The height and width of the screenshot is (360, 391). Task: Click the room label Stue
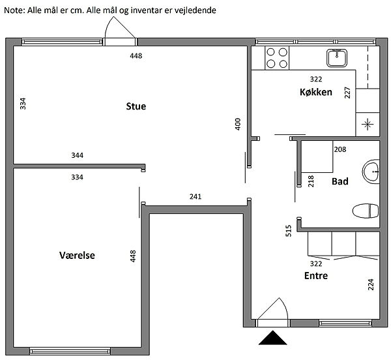136,106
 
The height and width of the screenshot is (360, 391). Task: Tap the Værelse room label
78,256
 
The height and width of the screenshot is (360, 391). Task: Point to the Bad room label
339,181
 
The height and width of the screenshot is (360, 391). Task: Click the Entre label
316,276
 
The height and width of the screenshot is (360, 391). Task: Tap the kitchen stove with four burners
277,59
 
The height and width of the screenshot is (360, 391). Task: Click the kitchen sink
337,58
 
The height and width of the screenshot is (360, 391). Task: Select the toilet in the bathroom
366,211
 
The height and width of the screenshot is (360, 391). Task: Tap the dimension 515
288,230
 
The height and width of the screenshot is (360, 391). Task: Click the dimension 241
195,196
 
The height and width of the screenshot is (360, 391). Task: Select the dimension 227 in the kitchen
347,93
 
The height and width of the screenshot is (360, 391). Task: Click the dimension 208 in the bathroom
340,149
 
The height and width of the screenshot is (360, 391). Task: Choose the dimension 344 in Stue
78,156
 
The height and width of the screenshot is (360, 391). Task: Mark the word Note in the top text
14,11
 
